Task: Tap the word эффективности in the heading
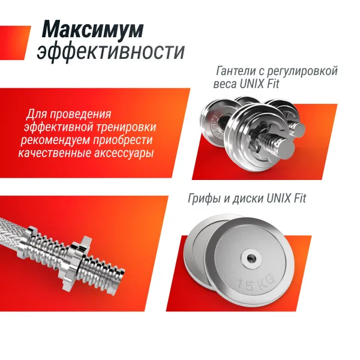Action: (x=110, y=52)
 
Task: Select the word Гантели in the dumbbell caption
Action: (x=236, y=71)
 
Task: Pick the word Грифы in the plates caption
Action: (x=202, y=198)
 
